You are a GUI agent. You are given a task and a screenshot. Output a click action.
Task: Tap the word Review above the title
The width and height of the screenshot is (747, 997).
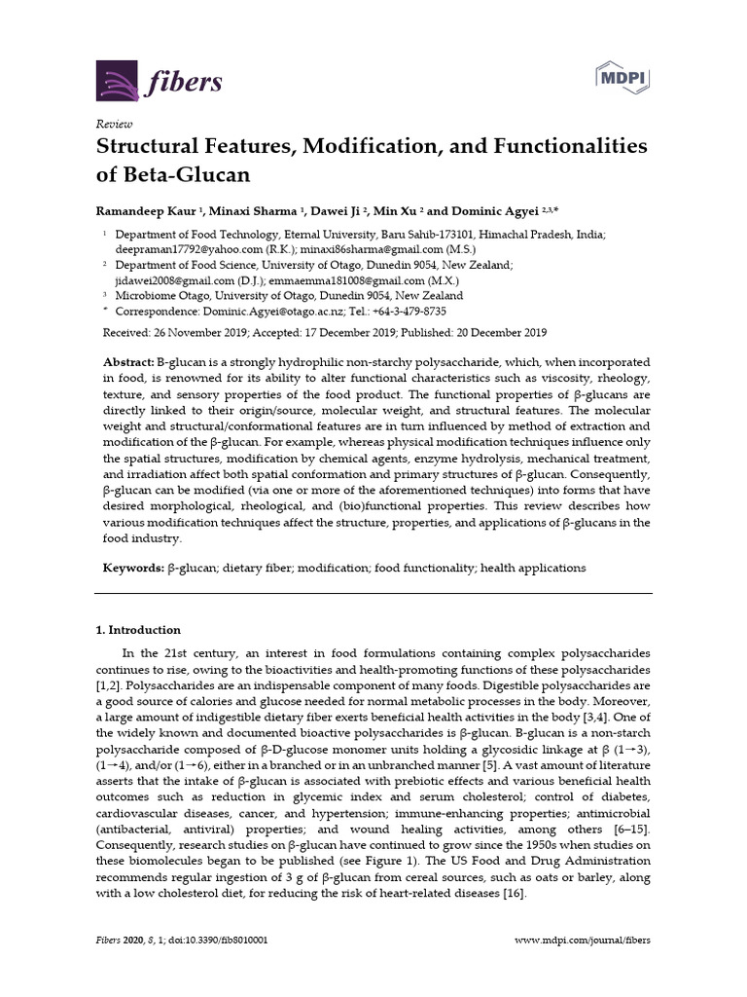pos(114,124)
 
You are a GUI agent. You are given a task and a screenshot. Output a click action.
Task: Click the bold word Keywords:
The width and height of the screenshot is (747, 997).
pos(133,568)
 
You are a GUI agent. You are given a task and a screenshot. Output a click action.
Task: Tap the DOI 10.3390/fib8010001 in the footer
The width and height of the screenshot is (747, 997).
pos(223,942)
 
